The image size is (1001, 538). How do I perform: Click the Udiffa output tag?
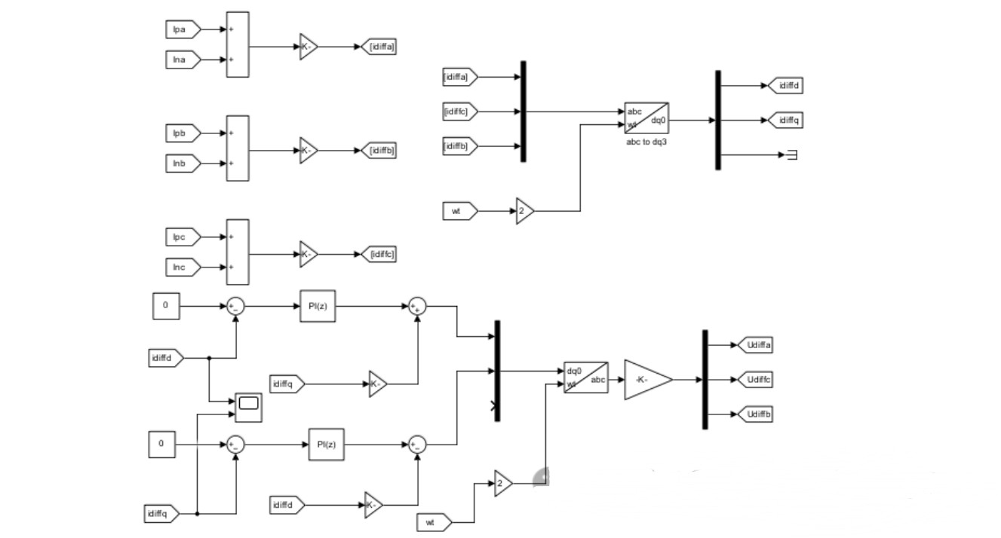[x=754, y=345]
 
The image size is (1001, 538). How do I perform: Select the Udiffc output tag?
[x=754, y=380]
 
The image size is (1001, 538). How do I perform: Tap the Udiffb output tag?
[x=754, y=414]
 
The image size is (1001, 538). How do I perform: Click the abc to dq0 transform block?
[x=646, y=119]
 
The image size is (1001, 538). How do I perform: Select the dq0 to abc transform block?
[x=586, y=377]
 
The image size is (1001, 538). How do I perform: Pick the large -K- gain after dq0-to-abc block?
[x=646, y=380]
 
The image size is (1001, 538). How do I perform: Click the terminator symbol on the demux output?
[x=792, y=155]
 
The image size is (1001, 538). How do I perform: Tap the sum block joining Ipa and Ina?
[x=237, y=44]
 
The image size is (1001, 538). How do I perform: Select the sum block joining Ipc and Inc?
[x=237, y=252]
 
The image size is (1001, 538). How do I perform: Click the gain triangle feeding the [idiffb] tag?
[x=308, y=151]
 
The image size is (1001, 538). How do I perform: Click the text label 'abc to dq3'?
[x=646, y=140]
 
